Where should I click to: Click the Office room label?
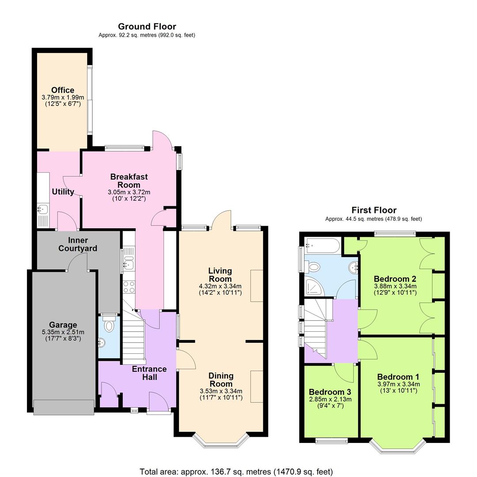(x=62, y=90)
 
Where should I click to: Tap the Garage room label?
(x=63, y=325)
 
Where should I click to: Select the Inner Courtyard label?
(x=77, y=244)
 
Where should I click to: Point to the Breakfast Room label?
(x=129, y=181)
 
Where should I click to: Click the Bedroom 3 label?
(x=330, y=392)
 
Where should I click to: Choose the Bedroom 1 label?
(x=398, y=377)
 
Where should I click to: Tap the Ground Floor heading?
(x=147, y=26)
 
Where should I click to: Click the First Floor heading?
(x=374, y=210)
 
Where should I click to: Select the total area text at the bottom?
(x=236, y=472)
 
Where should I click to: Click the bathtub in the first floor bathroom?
(x=322, y=245)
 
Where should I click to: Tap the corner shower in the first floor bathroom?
(x=314, y=288)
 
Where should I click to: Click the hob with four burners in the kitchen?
(x=129, y=287)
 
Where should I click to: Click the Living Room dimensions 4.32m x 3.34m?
(x=220, y=286)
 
